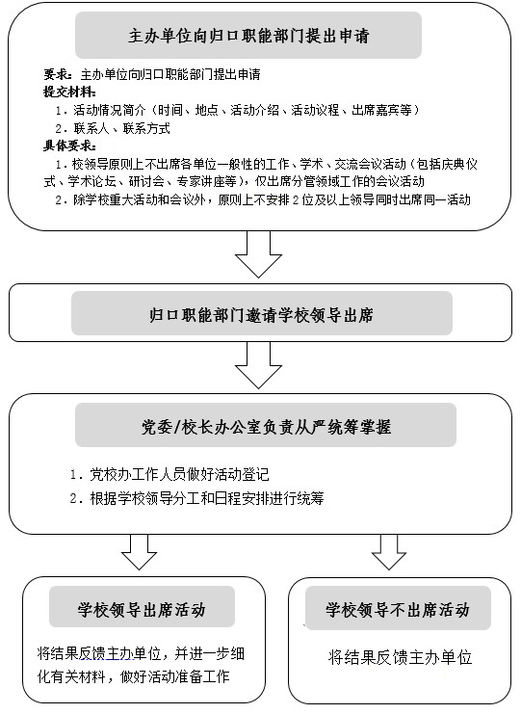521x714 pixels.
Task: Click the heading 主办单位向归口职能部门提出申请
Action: (x=248, y=36)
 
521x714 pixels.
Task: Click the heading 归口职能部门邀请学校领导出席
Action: (x=261, y=315)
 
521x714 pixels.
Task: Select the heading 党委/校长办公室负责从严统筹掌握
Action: (x=266, y=427)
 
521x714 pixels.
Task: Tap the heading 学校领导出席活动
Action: (x=142, y=609)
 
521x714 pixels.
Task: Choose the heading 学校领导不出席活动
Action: (x=397, y=609)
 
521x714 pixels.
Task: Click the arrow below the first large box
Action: (x=258, y=254)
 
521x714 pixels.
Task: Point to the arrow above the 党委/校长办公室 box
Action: (x=258, y=365)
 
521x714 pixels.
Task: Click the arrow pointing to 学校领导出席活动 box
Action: (x=140, y=552)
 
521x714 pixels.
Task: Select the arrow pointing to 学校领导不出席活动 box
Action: (x=389, y=552)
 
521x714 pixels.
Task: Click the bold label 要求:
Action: (x=58, y=74)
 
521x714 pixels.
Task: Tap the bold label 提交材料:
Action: (x=69, y=92)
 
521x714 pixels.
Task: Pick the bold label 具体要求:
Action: (x=69, y=145)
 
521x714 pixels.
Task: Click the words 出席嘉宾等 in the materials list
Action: (x=381, y=110)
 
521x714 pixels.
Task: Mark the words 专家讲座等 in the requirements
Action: (x=207, y=181)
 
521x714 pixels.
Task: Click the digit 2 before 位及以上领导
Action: (x=296, y=199)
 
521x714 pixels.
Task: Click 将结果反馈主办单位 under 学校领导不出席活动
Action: (x=400, y=657)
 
